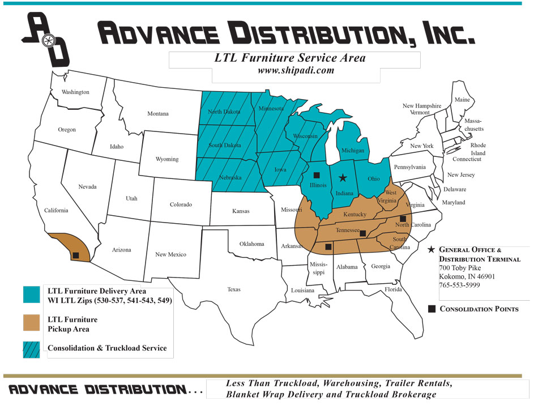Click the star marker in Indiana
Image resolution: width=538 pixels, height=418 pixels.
(342, 178)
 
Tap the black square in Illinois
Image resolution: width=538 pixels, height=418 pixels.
(317, 175)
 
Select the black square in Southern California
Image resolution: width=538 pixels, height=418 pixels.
(75, 255)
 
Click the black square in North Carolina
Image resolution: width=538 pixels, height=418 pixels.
(403, 219)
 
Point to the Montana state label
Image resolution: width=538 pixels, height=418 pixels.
(158, 114)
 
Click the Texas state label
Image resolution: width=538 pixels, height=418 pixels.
(233, 289)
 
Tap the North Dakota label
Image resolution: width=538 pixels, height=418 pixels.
(224, 112)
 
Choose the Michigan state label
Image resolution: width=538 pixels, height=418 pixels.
(353, 151)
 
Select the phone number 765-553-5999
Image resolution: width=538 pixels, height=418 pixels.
(459, 285)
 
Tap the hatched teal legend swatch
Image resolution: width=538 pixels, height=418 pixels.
(31, 349)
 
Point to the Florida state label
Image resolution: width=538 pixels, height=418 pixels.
(393, 289)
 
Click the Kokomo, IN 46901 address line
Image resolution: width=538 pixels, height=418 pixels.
(467, 276)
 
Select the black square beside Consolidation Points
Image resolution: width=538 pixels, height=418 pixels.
(432, 309)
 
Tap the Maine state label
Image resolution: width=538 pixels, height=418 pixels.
(462, 100)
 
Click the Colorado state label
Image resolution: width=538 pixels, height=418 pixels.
(181, 204)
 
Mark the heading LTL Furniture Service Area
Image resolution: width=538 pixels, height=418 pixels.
(289, 58)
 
